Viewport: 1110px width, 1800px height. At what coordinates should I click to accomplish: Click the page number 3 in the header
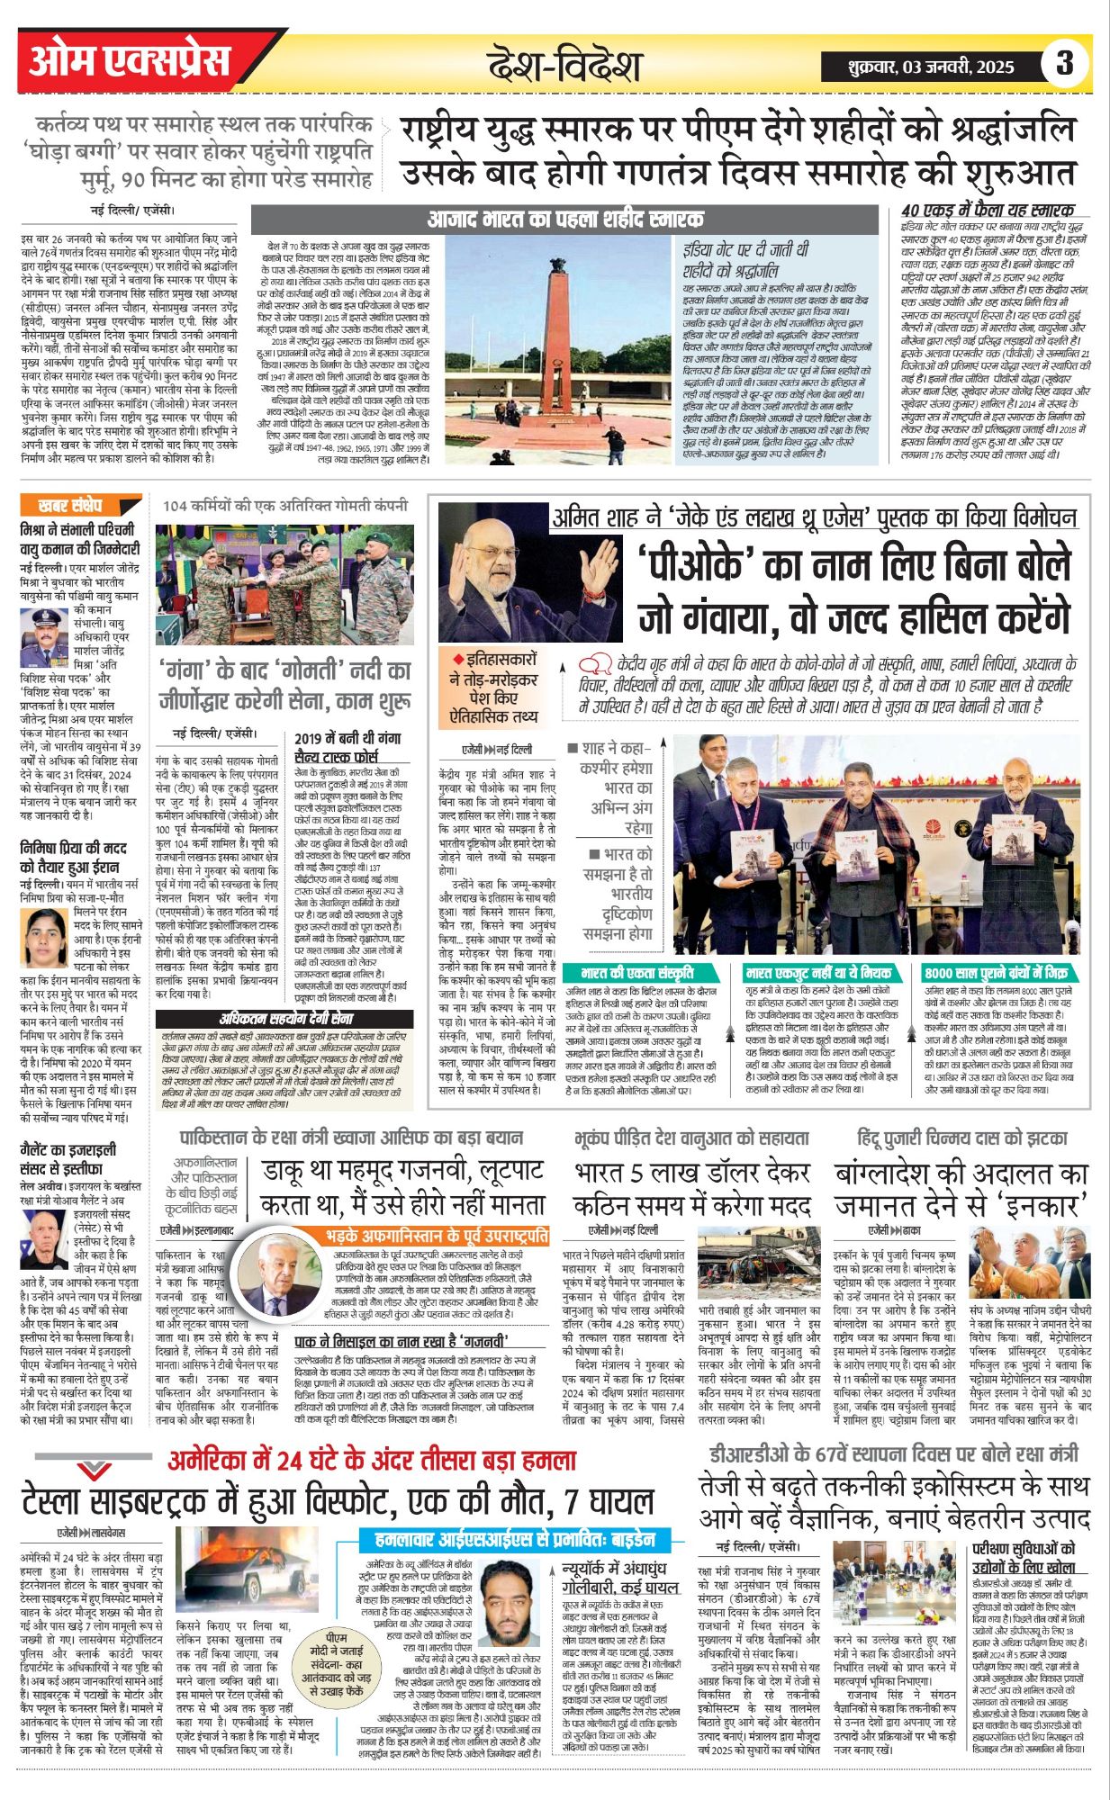tap(1064, 63)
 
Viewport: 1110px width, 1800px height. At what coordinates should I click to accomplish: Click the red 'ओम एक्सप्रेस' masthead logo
tap(131, 62)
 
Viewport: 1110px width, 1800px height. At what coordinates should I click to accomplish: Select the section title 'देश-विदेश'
tap(564, 66)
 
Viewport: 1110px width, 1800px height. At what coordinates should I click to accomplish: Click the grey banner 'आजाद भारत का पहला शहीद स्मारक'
tap(564, 220)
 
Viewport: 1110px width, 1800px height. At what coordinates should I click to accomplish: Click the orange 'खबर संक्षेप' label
tap(70, 506)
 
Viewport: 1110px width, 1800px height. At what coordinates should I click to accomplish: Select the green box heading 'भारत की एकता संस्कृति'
tap(637, 973)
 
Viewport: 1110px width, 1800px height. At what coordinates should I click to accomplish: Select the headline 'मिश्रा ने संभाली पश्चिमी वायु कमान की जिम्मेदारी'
tap(79, 538)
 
